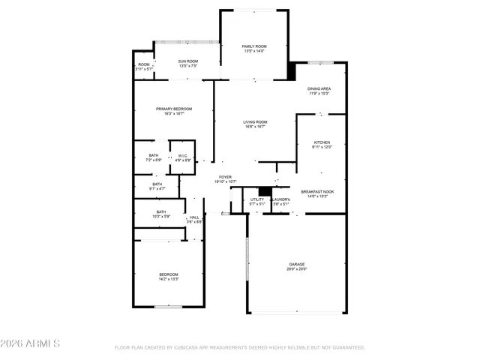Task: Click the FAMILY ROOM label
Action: (x=253, y=46)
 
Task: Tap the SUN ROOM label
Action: (x=187, y=61)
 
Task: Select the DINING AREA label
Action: (x=319, y=88)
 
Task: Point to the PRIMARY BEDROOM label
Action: (x=174, y=109)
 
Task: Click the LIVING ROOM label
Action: (x=255, y=122)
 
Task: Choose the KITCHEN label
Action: (x=322, y=142)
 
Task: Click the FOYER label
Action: (x=225, y=177)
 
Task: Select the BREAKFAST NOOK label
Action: (x=318, y=191)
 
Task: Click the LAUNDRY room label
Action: (x=281, y=199)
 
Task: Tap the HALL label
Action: (x=193, y=217)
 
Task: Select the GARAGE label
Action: (x=298, y=263)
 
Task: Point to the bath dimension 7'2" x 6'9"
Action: (x=153, y=160)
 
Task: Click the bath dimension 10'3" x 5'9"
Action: (x=161, y=217)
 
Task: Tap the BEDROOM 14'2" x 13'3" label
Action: (x=168, y=274)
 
